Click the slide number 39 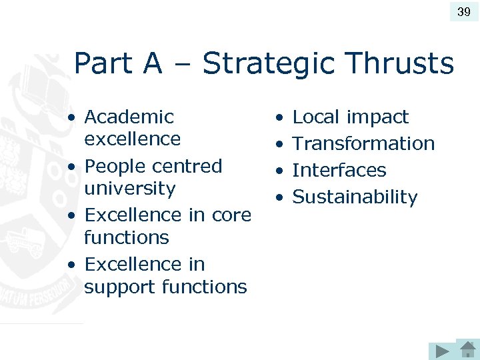(x=464, y=12)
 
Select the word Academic (x=129, y=117)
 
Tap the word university (x=129, y=189)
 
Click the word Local (x=316, y=117)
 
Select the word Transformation (x=363, y=143)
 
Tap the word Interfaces (x=339, y=170)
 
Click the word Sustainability (x=355, y=197)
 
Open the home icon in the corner (x=466, y=349)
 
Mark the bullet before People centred (x=71, y=167)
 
